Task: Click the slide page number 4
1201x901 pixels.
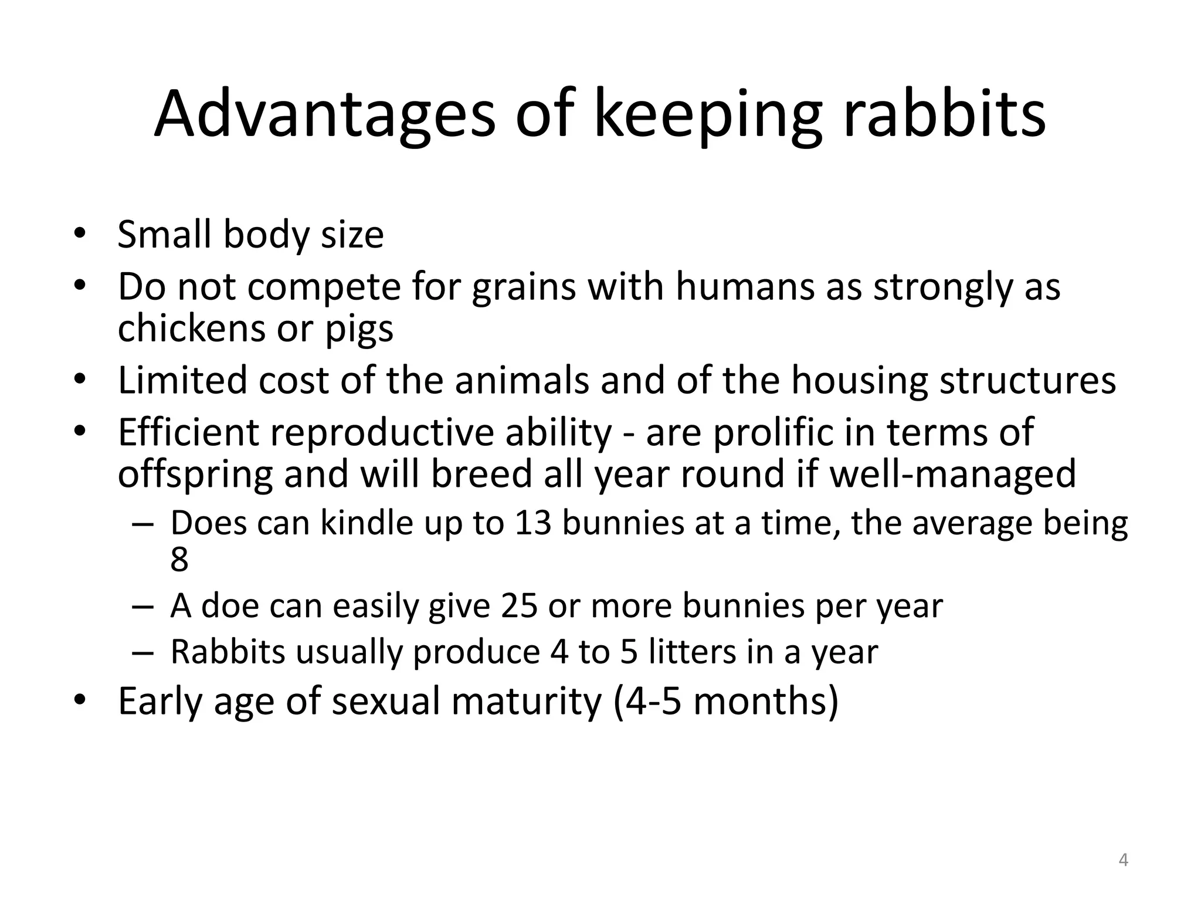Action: click(1123, 860)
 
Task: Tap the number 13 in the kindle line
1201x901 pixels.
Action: click(533, 523)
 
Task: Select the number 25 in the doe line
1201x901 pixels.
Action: click(519, 605)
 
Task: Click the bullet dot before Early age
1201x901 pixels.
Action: click(81, 701)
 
